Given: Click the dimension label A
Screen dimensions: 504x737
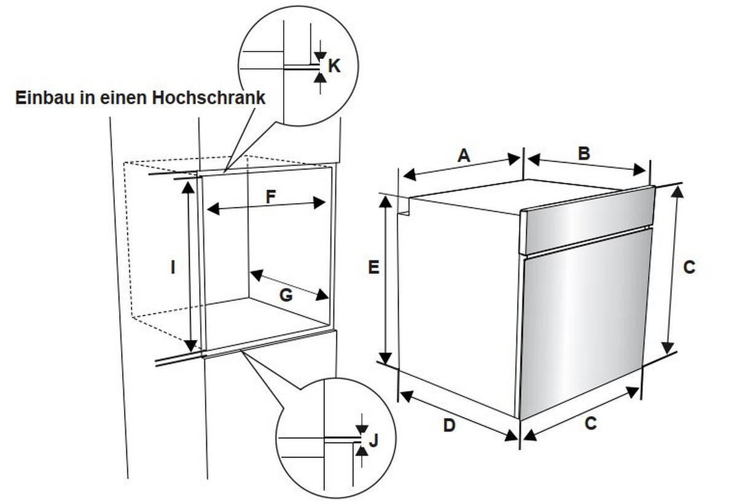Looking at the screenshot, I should coord(464,155).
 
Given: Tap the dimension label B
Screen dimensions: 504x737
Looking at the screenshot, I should coord(584,153).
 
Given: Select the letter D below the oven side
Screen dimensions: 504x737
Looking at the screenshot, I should coord(449,425).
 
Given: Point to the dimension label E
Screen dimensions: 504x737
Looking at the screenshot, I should coord(373,268).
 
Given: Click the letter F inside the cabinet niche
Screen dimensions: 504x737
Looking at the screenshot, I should coord(270,197).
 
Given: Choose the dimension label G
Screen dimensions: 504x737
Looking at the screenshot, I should coord(286,295).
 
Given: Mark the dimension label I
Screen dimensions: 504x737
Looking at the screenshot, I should coord(173,268).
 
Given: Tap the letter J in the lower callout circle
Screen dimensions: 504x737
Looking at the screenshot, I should coord(373,440).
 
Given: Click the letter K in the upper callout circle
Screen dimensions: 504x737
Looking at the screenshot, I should coord(333,66).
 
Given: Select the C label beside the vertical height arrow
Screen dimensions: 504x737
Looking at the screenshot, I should coord(689,268).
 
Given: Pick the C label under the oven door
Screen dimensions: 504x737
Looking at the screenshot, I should coord(590,424).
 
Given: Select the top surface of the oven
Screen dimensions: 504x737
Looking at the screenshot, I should coord(516,195).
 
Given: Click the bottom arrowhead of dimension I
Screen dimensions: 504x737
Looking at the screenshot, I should coord(191,345).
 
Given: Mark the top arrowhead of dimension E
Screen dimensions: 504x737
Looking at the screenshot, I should coord(386,201).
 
